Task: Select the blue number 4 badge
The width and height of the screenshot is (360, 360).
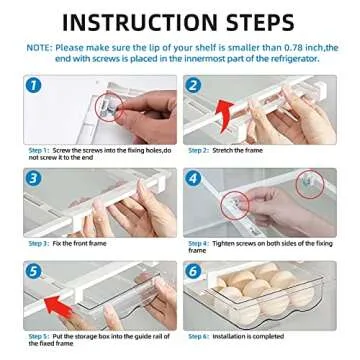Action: coord(194,179)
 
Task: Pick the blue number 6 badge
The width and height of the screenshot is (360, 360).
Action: coord(194,271)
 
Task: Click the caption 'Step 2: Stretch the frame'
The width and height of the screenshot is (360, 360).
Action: coord(224,149)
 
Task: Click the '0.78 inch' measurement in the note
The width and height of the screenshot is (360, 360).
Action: coord(285,47)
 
